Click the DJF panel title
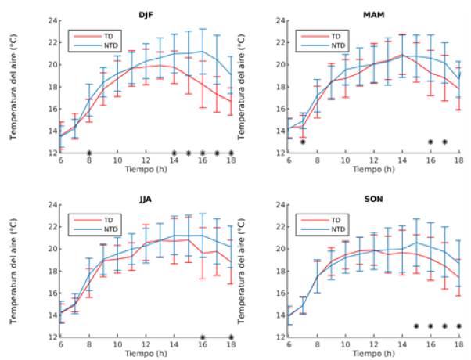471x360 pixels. coord(146,13)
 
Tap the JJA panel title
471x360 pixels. coord(146,199)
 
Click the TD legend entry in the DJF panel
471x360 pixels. coord(99,35)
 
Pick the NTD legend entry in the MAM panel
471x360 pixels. coord(331,45)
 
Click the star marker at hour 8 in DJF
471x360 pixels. coord(89,153)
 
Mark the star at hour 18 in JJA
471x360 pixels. coord(232,337)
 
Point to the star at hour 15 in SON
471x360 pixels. coord(416,326)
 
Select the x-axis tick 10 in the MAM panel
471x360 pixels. coord(345,160)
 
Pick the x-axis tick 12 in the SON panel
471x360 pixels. coord(374,344)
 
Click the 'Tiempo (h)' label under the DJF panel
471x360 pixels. coord(146,169)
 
